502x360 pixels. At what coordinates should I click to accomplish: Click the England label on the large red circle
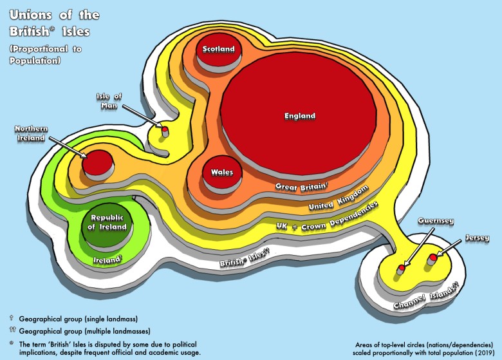300,116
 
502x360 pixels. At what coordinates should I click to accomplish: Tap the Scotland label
219,49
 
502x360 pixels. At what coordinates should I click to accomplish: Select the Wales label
222,172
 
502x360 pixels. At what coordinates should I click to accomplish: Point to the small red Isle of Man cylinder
165,131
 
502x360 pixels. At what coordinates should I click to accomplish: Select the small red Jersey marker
432,258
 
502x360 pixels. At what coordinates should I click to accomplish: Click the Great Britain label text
302,186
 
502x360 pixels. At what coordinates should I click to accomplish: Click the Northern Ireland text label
30,133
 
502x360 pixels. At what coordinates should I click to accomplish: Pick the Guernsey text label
436,221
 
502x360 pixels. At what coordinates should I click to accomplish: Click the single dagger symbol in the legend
12,318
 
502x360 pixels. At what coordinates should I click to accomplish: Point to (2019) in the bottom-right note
481,353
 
